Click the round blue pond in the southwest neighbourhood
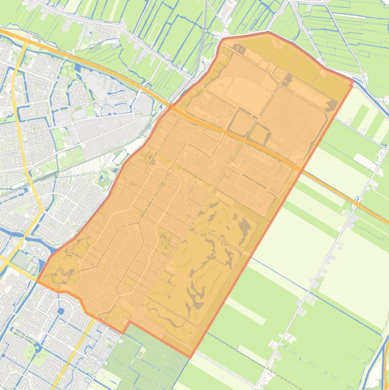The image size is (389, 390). (61, 310)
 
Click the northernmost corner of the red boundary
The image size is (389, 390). (267, 32)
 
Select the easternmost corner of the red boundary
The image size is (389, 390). (353, 80)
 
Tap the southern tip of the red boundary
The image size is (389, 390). (190, 357)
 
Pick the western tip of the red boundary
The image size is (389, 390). (37, 282)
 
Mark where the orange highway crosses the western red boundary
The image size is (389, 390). (171, 107)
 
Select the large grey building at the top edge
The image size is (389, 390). (227, 8)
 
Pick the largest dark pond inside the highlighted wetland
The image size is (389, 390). (244, 230)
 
